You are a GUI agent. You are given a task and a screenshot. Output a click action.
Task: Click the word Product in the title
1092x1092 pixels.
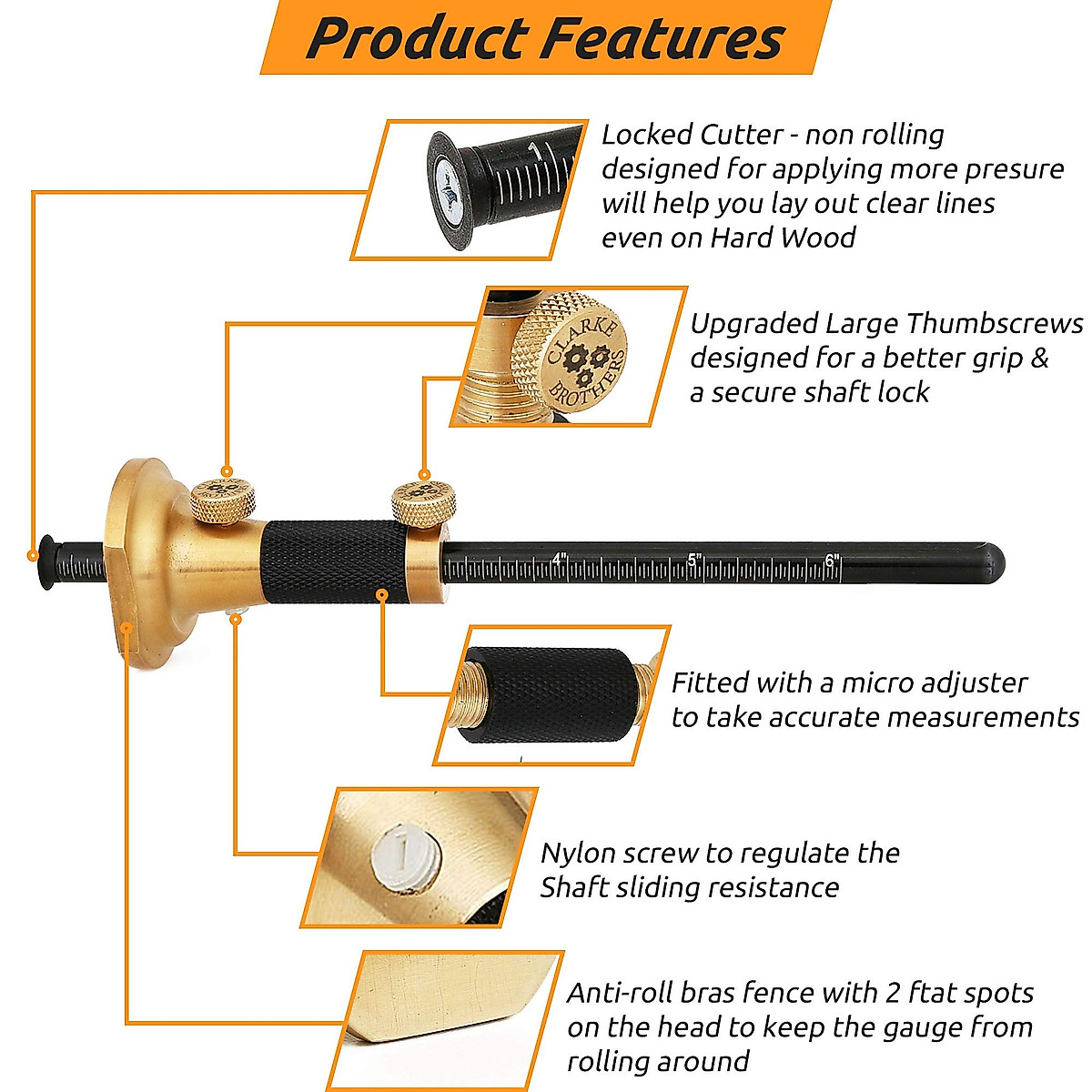click(x=416, y=38)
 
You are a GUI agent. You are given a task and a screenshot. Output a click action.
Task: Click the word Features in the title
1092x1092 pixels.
click(x=665, y=38)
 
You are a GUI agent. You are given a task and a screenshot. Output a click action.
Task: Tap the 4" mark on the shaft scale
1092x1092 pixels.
click(x=560, y=560)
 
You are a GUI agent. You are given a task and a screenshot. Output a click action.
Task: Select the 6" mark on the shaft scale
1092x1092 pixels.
click(x=831, y=560)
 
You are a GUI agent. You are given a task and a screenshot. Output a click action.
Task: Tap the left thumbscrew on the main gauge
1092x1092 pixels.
click(x=222, y=500)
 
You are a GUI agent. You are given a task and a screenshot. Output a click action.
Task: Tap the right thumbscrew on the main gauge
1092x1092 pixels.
click(x=423, y=500)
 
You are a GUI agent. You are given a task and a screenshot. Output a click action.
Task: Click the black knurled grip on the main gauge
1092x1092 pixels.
click(x=333, y=562)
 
